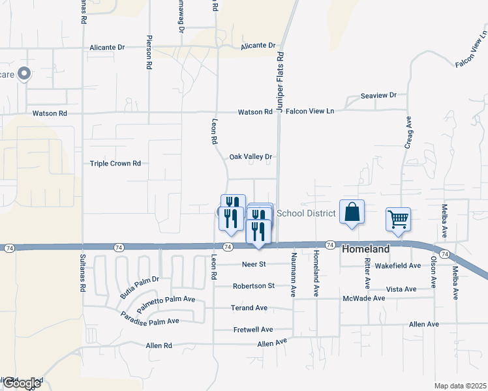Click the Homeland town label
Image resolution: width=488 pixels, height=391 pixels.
[365, 249]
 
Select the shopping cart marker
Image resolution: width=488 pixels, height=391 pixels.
[398, 219]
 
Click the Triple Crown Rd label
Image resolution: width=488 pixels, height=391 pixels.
[115, 164]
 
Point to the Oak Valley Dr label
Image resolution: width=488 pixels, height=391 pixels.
[250, 157]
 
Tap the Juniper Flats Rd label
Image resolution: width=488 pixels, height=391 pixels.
[281, 82]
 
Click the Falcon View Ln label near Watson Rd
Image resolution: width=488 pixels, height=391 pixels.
[310, 111]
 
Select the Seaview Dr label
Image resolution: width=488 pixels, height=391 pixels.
[378, 96]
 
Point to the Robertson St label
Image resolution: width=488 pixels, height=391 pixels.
[254, 286]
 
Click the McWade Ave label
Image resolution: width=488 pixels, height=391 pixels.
[363, 298]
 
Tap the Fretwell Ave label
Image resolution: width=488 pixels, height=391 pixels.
[253, 330]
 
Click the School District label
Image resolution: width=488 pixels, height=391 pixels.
[306, 213]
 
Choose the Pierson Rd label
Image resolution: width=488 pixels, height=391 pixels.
[149, 52]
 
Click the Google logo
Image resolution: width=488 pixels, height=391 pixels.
[22, 383]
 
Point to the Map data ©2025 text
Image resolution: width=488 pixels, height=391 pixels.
[461, 385]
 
